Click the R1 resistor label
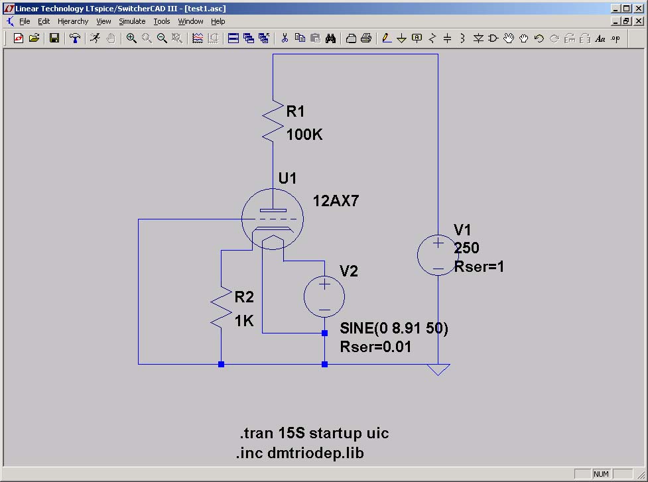tap(295, 111)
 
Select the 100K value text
tap(304, 134)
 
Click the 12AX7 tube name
tap(336, 201)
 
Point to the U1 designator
tap(287, 178)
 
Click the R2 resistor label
tap(244, 297)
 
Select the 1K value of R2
tap(244, 320)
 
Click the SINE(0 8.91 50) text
tap(394, 328)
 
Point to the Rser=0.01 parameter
tap(375, 347)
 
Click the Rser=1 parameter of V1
tap(479, 267)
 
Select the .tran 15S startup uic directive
tap(314, 433)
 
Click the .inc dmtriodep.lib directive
tap(300, 453)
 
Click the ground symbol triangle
tap(438, 369)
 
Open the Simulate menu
tap(132, 21)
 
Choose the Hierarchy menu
tap(73, 21)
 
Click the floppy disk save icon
tap(54, 38)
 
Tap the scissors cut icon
tap(285, 38)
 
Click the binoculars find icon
tap(330, 38)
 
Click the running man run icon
tap(96, 38)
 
